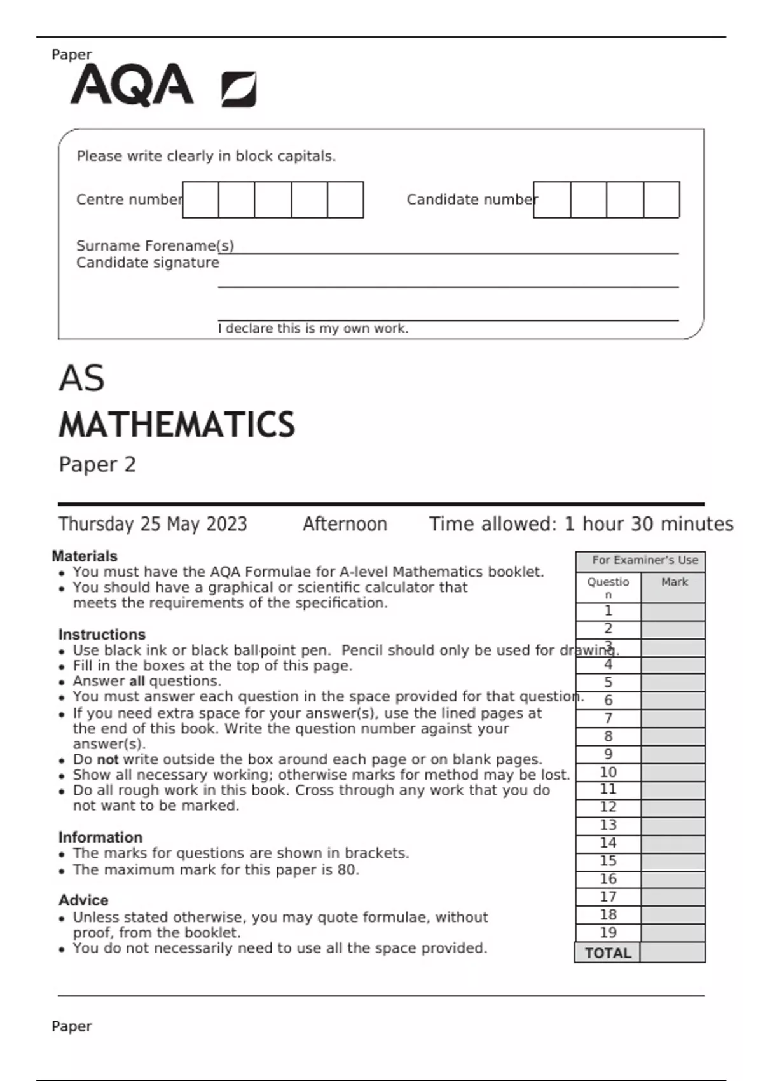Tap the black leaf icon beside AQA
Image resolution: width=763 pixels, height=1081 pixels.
tap(239, 89)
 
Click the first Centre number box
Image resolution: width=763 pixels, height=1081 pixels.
tap(200, 200)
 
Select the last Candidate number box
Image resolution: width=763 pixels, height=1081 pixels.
tap(661, 200)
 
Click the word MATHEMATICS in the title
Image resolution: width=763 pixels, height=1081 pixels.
tap(177, 425)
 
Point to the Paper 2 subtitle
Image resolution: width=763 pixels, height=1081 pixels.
tap(97, 464)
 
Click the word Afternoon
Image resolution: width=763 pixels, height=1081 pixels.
tap(345, 524)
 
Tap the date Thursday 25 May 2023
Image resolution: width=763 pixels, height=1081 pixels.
tap(153, 524)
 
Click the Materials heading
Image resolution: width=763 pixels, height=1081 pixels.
tap(85, 556)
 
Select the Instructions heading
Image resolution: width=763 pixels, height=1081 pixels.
tap(102, 634)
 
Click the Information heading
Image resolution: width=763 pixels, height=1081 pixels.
tap(100, 837)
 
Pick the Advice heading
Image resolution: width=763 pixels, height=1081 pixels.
tap(83, 900)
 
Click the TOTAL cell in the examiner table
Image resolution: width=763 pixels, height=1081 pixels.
tap(608, 953)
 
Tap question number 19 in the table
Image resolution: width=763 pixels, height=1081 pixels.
tap(608, 932)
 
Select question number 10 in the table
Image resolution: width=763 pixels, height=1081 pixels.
tap(608, 771)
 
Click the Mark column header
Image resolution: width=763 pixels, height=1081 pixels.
tap(674, 582)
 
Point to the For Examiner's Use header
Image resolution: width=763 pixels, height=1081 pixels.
tap(645, 560)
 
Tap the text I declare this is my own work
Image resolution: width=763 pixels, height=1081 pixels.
tap(313, 329)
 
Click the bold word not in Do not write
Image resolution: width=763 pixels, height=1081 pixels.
tap(107, 759)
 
